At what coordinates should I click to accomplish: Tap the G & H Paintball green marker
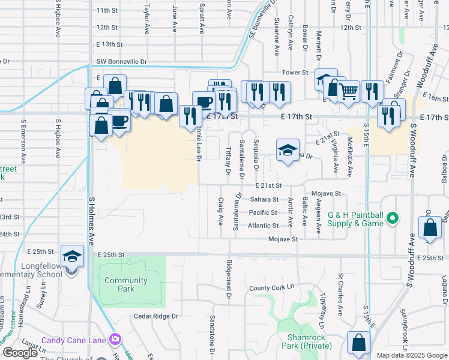point(393,218)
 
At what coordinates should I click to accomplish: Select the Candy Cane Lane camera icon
point(114,340)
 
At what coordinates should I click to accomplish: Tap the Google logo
point(20,353)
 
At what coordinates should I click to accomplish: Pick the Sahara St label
point(264,199)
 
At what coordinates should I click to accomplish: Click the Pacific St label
point(263,212)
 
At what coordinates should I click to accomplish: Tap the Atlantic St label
point(264,226)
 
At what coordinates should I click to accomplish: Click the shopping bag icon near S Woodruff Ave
point(430,229)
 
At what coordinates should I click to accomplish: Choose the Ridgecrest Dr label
point(229,279)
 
